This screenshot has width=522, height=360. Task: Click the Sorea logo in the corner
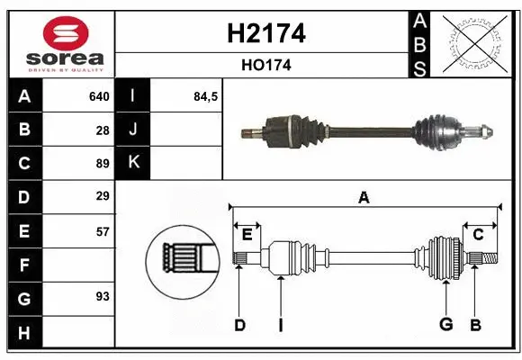pos(61,44)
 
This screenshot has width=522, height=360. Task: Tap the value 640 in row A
pos(98,96)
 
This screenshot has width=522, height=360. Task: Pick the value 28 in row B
pos(102,130)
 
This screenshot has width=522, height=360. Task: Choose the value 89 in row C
pos(102,163)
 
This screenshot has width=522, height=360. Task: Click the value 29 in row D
pos(102,196)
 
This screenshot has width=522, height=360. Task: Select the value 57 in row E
pos(102,230)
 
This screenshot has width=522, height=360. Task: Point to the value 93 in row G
pos(102,296)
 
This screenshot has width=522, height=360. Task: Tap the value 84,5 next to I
pos(206,96)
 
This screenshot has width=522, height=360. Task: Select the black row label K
pos(133,163)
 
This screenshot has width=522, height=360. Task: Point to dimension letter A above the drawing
pos(364,197)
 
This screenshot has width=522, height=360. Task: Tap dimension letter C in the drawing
pos(479,234)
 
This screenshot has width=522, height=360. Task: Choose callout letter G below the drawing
pos(445,325)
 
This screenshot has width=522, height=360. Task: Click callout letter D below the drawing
pos(239,325)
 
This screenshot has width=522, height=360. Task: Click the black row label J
pos(133,130)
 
